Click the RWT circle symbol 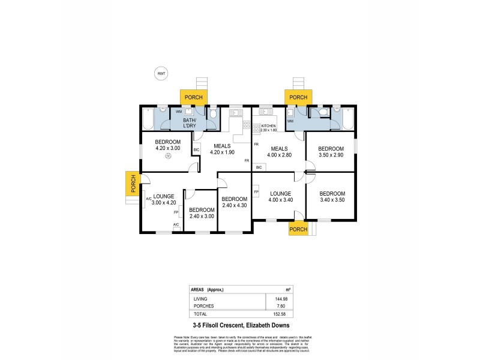pyautogui.click(x=161, y=74)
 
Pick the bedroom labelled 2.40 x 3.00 pyautogui.click(x=201, y=213)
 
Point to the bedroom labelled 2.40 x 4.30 pyautogui.click(x=234, y=202)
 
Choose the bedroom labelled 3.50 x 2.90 pyautogui.click(x=331, y=152)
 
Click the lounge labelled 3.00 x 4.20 pyautogui.click(x=163, y=200)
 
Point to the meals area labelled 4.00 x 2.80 pyautogui.click(x=279, y=152)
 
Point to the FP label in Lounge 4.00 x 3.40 pyautogui.click(x=256, y=192)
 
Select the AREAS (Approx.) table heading pyautogui.click(x=210, y=288)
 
